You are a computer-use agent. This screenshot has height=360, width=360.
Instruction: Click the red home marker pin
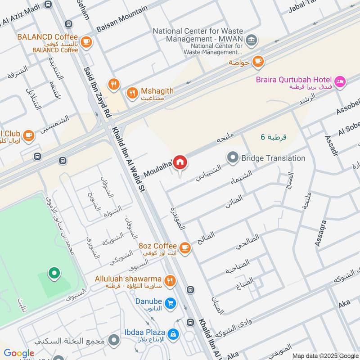coord(180,162)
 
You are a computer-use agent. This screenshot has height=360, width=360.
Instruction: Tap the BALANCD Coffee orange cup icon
coord(86,42)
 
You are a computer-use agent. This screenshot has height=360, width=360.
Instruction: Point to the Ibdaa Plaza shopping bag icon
coord(173,333)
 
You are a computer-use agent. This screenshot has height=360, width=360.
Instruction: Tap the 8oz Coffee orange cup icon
coord(184,247)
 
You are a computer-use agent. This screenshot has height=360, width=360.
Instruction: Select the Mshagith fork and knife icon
coord(132,93)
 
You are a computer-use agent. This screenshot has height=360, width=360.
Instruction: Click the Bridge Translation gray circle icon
coord(233,158)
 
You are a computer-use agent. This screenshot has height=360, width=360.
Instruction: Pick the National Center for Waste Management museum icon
coord(252,40)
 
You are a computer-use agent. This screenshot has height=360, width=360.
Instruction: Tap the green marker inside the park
coord(54,273)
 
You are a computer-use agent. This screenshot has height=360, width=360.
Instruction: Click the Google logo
coord(19,353)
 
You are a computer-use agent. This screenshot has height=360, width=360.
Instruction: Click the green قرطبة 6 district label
coord(273,136)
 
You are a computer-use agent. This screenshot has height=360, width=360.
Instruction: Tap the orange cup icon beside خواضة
coord(258,61)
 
